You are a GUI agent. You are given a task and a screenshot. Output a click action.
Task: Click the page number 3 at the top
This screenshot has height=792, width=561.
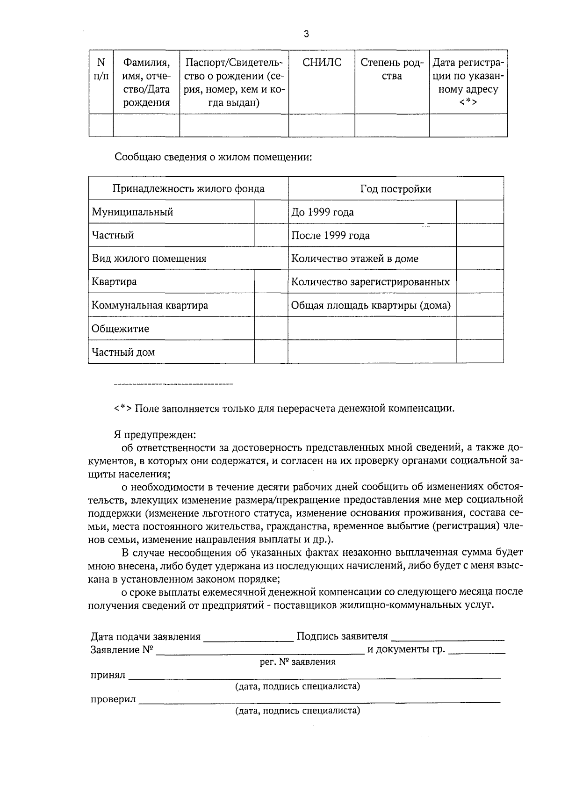pyautogui.click(x=306, y=34)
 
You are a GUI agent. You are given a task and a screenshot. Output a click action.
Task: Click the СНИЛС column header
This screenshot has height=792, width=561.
pyautogui.click(x=322, y=63)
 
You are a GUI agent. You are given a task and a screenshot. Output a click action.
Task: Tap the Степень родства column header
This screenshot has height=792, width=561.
pyautogui.click(x=392, y=69)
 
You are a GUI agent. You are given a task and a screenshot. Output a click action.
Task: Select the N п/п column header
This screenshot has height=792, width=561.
pyautogui.click(x=101, y=69)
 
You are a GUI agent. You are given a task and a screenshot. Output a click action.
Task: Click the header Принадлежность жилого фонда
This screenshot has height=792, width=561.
pyautogui.click(x=188, y=189)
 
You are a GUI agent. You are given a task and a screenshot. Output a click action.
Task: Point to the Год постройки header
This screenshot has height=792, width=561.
pyautogui.click(x=396, y=189)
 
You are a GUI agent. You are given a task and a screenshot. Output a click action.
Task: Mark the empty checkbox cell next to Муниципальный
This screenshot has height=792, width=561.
pyautogui.click(x=271, y=212)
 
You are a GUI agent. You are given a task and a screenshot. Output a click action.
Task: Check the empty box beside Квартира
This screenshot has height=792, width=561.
pyautogui.click(x=271, y=282)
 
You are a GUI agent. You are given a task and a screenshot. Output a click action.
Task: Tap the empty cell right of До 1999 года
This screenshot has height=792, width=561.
pyautogui.click(x=480, y=212)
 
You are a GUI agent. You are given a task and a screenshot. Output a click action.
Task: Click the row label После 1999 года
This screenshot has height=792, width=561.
pyautogui.click(x=330, y=236)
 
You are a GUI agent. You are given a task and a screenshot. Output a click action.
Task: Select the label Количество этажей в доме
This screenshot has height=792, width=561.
pyautogui.click(x=354, y=259)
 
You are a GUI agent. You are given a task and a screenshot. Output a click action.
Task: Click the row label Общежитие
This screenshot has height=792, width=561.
pyautogui.click(x=120, y=329)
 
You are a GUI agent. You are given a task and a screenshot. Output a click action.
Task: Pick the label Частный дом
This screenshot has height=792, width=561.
pyautogui.click(x=123, y=353)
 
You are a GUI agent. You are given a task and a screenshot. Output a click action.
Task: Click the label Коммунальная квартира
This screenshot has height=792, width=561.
pyautogui.click(x=150, y=306)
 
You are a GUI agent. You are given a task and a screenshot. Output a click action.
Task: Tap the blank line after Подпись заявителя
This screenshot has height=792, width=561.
pyautogui.click(x=447, y=637)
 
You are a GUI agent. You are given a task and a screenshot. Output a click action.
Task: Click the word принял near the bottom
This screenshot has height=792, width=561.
pyautogui.click(x=108, y=675)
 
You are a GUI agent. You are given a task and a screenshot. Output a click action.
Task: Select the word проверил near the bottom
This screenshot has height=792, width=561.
pyautogui.click(x=113, y=699)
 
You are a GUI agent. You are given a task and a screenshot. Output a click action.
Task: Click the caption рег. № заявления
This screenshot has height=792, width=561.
pyautogui.click(x=297, y=662)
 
